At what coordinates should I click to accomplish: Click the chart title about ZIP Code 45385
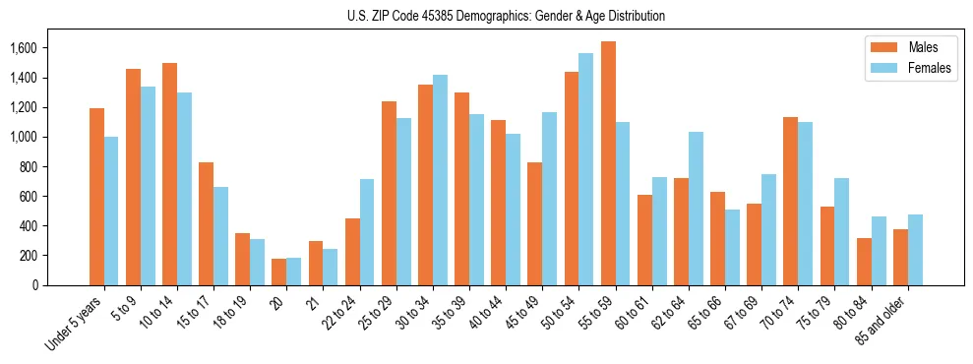click(506, 16)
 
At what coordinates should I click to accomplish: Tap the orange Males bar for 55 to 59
click(608, 163)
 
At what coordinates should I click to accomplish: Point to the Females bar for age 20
click(293, 272)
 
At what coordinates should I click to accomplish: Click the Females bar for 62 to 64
click(696, 209)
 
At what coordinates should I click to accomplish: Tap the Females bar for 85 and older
click(915, 250)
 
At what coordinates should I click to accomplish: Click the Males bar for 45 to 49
click(535, 223)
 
